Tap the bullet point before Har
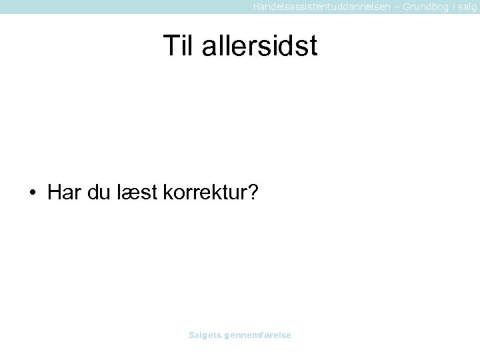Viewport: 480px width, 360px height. point(33,193)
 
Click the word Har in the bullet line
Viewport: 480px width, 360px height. point(63,193)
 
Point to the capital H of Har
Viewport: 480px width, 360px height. point(55,193)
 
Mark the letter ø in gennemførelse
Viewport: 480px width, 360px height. point(268,335)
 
